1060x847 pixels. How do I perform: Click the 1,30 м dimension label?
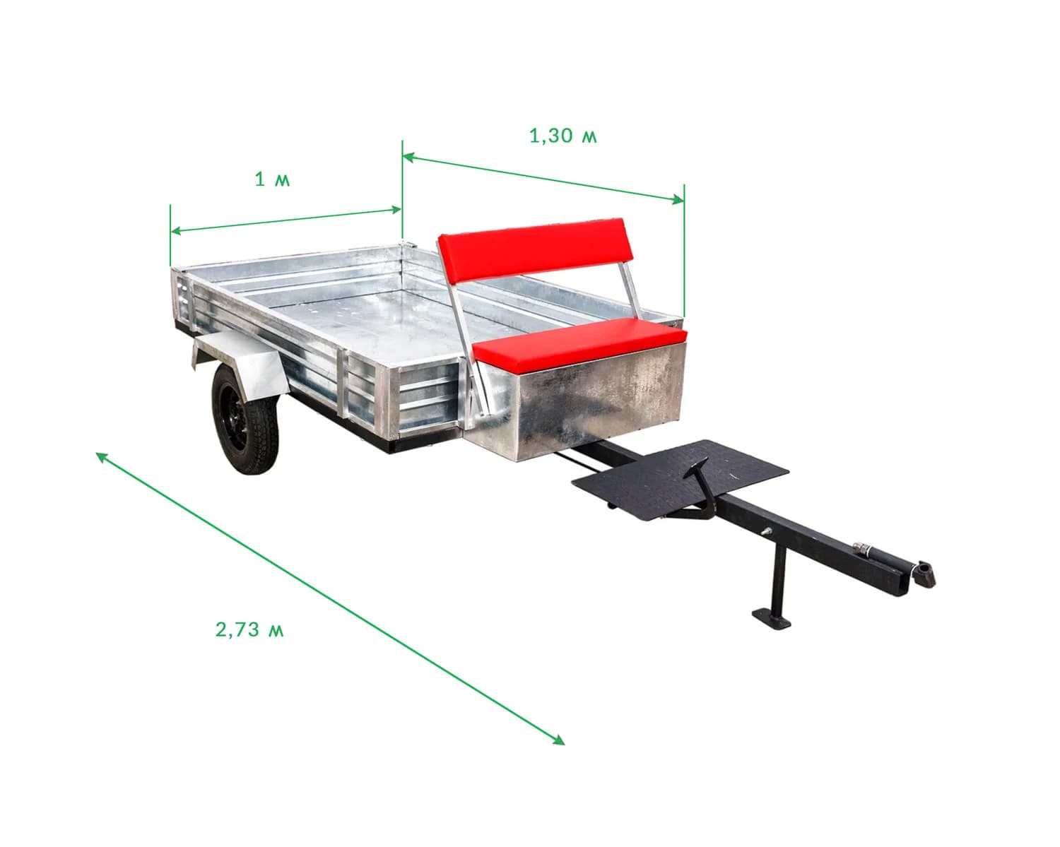(563, 136)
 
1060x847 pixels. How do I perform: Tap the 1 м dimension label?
(272, 179)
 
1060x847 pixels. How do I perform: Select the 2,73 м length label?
(249, 629)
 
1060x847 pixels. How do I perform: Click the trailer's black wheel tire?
(245, 420)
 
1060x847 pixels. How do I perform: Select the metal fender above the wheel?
(240, 362)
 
